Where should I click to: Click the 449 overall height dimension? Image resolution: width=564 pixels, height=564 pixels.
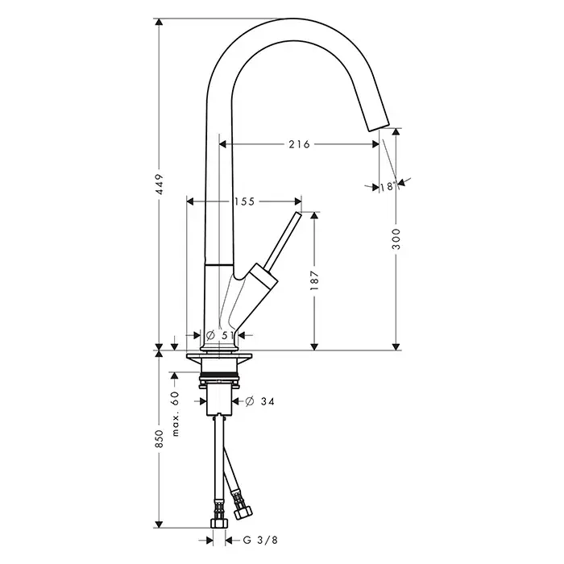click(160, 185)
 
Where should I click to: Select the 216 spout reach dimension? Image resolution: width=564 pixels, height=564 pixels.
click(299, 144)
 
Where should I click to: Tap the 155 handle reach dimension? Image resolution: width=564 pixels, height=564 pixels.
click(244, 201)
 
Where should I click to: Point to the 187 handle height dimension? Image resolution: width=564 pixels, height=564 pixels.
click(314, 280)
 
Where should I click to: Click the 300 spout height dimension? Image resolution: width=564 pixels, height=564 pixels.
click(396, 238)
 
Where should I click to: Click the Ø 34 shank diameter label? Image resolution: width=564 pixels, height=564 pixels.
click(259, 401)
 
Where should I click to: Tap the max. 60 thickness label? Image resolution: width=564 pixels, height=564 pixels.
click(175, 413)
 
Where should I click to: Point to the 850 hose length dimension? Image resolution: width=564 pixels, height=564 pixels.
click(160, 438)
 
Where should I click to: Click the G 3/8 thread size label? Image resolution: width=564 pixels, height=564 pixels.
click(260, 540)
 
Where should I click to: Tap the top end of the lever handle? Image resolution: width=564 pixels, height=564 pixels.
click(298, 214)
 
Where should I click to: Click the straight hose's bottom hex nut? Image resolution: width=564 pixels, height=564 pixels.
click(219, 523)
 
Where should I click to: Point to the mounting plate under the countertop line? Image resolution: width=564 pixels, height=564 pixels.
click(219, 356)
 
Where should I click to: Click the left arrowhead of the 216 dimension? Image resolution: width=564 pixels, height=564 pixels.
click(222, 144)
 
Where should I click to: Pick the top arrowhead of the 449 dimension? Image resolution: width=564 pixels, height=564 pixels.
click(159, 23)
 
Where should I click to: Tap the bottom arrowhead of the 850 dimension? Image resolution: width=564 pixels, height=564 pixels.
click(159, 524)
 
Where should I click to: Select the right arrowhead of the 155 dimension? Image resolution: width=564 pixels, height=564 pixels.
click(298, 201)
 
